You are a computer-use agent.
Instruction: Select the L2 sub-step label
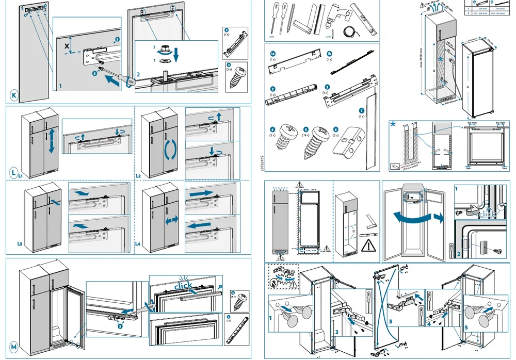138,176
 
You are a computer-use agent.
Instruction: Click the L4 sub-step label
138,243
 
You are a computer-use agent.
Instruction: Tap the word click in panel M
184,285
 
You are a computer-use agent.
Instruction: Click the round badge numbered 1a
274,53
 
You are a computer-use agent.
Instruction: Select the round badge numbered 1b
330,53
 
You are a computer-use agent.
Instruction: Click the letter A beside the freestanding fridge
467,88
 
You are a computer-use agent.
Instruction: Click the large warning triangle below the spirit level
368,246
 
